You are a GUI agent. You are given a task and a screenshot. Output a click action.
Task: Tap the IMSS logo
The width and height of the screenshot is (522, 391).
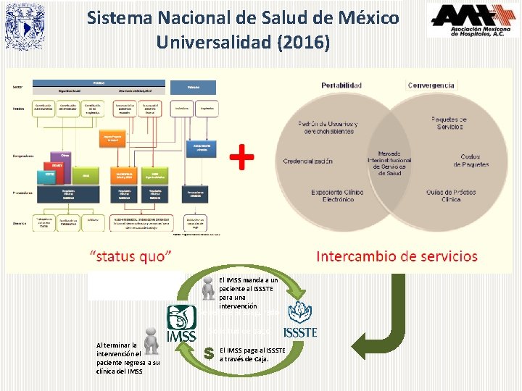pos(181,324)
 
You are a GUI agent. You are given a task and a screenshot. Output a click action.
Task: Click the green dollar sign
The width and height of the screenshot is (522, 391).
pos(209,353)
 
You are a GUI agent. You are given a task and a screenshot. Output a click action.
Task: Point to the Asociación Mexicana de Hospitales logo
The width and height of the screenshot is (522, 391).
pos(472,20)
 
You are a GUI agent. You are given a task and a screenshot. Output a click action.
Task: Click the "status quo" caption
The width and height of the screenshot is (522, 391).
pos(130,256)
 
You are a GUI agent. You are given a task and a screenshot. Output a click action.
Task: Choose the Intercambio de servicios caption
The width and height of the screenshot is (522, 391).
pos(397,256)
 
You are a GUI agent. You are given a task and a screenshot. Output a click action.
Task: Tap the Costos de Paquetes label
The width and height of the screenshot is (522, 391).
pos(470,160)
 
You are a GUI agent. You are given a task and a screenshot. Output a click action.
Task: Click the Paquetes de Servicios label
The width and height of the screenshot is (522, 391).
pos(449,122)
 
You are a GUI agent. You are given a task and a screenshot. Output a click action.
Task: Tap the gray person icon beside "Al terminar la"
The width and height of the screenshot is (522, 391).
pos(151,339)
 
